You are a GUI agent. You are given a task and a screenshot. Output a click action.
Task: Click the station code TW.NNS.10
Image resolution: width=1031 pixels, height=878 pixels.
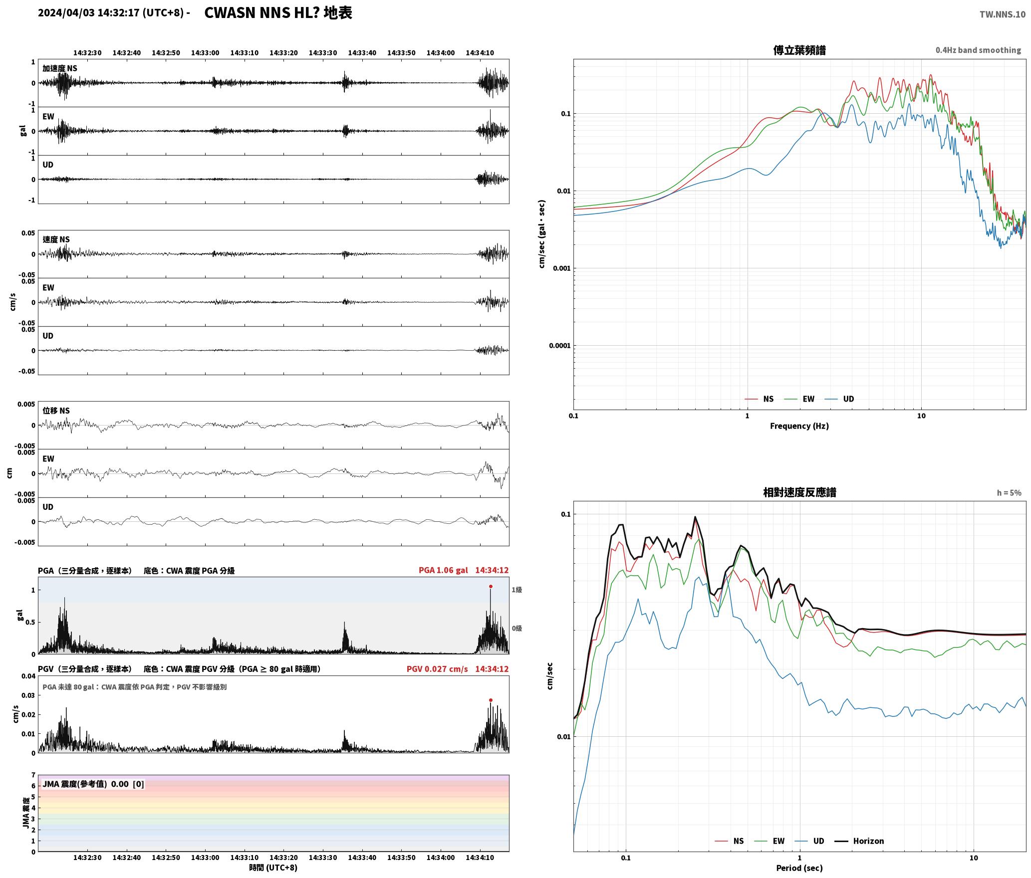1002,14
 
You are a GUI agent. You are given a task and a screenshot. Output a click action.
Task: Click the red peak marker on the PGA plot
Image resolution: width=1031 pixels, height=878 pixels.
491,586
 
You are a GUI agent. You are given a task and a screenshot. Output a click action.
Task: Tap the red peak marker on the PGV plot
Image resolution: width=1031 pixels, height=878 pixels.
491,700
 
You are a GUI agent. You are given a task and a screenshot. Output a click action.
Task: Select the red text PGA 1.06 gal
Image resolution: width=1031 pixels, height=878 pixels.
443,570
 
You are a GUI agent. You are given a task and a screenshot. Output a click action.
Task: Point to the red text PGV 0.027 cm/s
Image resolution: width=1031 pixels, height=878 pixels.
437,668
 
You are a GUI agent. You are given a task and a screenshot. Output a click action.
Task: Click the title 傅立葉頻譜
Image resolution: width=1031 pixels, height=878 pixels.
799,50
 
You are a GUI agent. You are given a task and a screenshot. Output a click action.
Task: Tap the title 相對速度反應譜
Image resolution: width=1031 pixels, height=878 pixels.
799,492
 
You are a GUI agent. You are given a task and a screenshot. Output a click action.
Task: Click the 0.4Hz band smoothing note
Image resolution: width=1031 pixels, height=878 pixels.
978,50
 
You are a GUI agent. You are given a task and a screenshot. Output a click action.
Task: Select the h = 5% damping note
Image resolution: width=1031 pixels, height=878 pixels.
1009,492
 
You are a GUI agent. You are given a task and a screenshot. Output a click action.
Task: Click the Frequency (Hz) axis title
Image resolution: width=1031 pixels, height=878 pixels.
799,426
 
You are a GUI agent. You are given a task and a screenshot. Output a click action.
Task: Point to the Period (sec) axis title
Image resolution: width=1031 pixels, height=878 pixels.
799,868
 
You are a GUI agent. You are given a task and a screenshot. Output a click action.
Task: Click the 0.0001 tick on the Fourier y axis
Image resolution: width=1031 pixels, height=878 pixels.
559,345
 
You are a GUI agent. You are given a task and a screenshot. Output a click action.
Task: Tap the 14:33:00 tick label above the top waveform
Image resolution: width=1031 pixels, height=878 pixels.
205,52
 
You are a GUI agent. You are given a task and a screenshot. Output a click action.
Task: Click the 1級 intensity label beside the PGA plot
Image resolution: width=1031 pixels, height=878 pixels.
516,590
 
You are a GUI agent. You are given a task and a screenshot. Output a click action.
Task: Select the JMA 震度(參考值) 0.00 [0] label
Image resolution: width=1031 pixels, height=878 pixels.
93,784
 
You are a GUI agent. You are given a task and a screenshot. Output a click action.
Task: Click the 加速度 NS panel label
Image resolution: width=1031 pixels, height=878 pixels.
60,68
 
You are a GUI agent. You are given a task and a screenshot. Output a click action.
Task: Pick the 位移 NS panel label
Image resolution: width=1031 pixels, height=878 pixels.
56,411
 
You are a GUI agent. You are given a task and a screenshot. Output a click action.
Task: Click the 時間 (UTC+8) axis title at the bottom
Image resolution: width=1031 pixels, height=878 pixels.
273,868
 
